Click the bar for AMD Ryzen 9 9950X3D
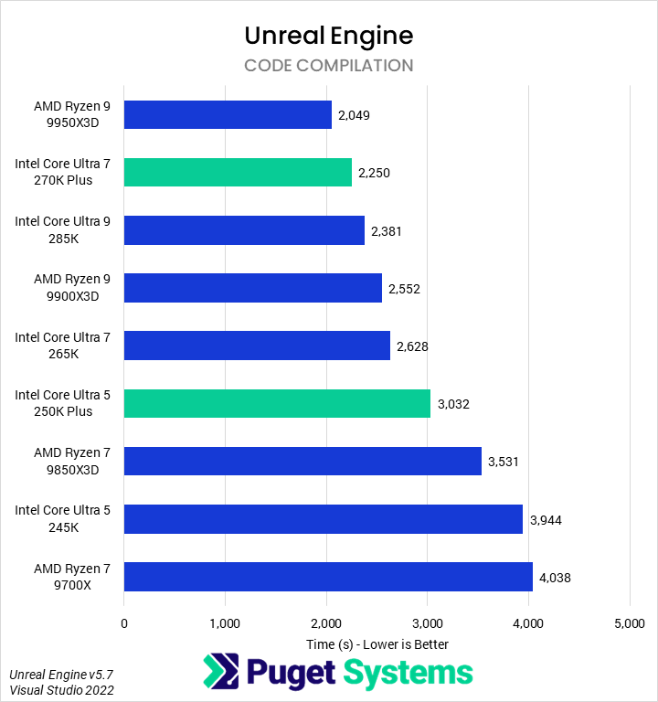[x=228, y=115]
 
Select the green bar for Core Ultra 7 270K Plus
[x=238, y=173]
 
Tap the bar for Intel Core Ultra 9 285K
[x=244, y=230]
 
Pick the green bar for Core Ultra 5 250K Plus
[x=277, y=403]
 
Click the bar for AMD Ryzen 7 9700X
[x=328, y=577]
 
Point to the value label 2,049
[x=354, y=116]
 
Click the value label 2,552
[x=404, y=289]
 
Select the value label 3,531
[x=504, y=462]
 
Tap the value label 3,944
[x=546, y=520]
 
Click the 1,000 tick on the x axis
[x=225, y=624]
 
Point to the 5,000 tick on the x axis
[x=629, y=624]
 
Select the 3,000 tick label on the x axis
[x=427, y=624]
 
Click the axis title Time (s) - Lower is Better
[x=377, y=643]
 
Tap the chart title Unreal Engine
[x=329, y=36]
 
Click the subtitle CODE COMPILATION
[x=329, y=66]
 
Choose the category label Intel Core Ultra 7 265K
[x=62, y=346]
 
